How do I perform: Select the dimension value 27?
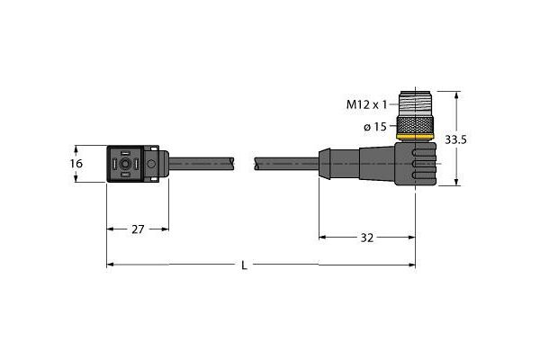[x=138, y=229]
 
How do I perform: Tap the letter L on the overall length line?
[x=246, y=265]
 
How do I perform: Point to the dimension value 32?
[x=367, y=238]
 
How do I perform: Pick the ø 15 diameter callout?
[x=375, y=127]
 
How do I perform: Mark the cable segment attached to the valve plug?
[x=202, y=164]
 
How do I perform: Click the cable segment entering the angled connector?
[x=288, y=164]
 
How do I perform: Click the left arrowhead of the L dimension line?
[x=111, y=265]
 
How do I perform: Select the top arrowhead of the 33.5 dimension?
[x=459, y=94]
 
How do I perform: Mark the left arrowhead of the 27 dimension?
[x=111, y=229]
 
